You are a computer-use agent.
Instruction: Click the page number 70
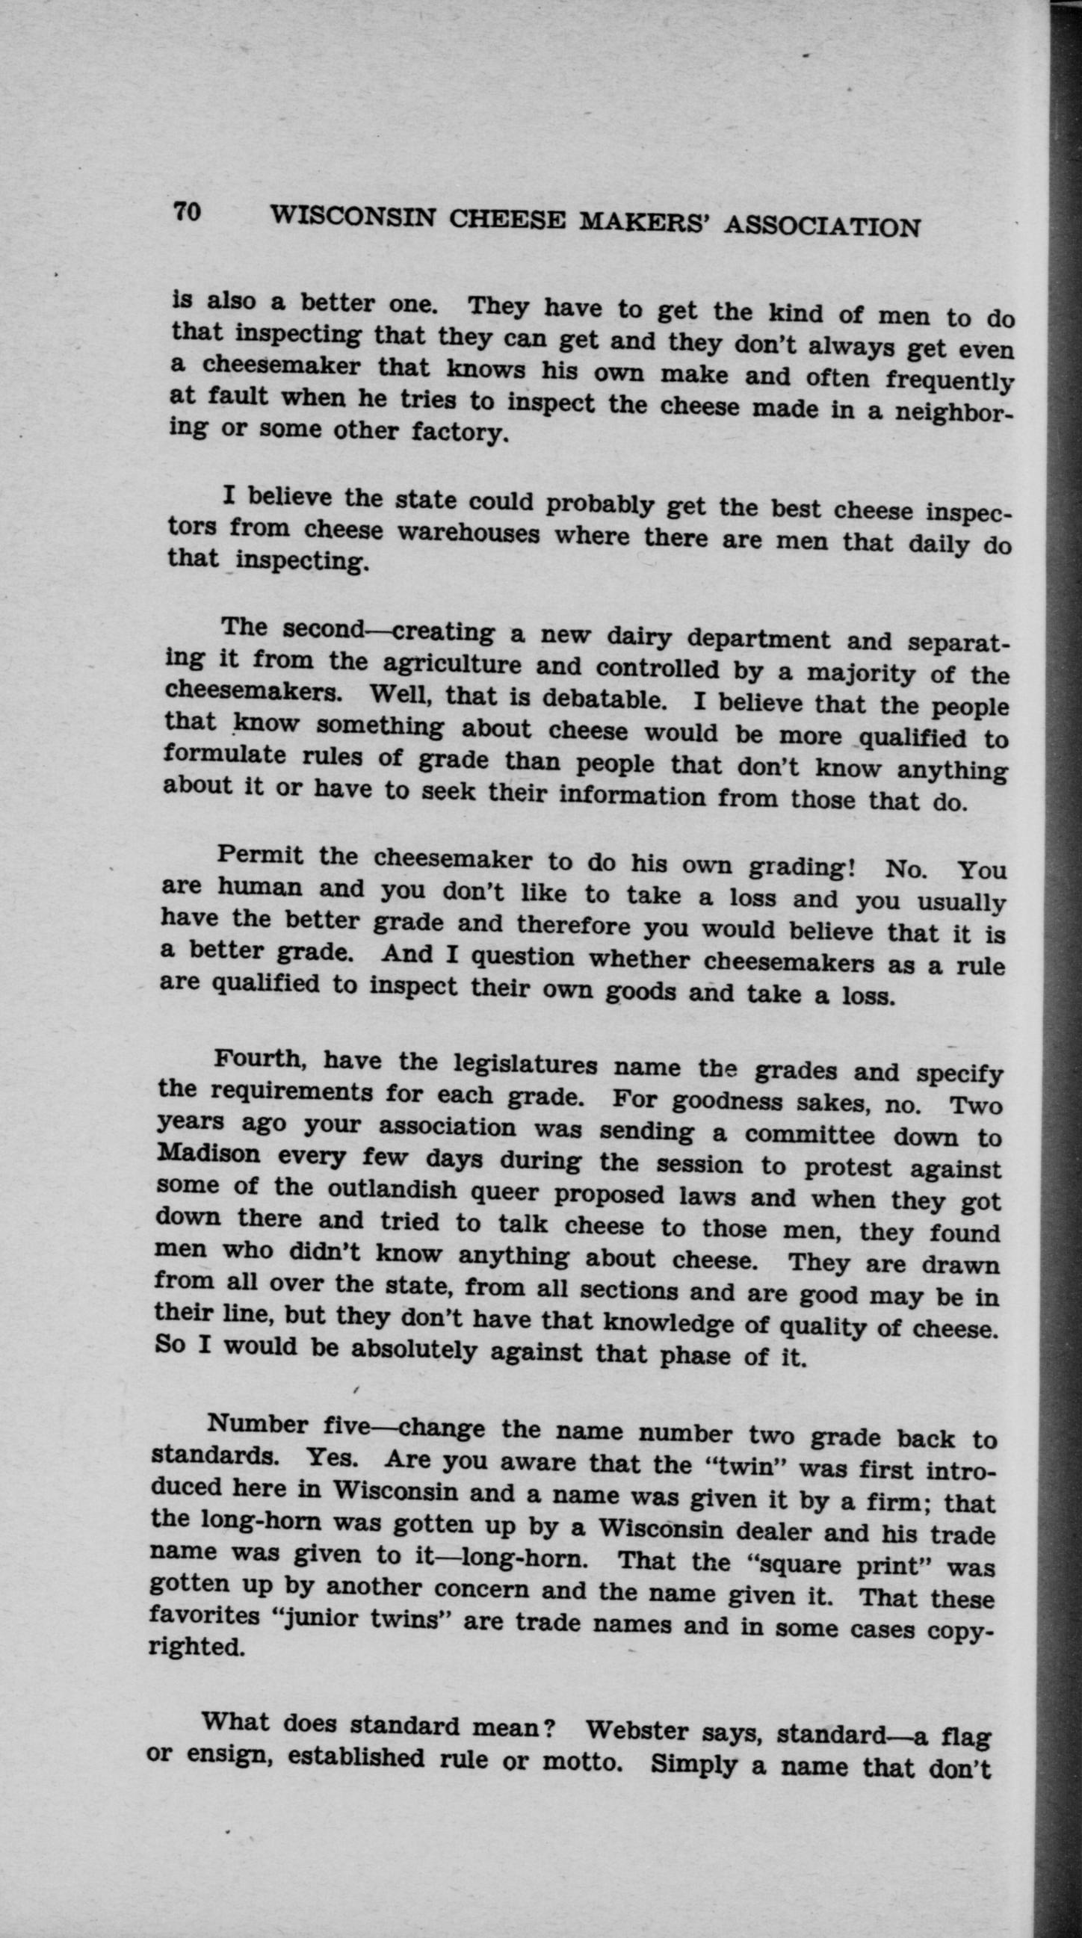(x=188, y=212)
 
